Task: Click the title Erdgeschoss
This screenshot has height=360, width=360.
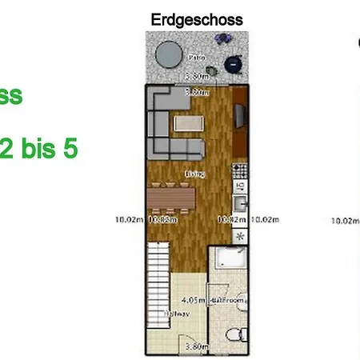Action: pyautogui.click(x=197, y=19)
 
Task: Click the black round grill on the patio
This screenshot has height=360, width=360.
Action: pyautogui.click(x=233, y=63)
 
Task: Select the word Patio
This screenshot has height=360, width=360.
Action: pyautogui.click(x=196, y=58)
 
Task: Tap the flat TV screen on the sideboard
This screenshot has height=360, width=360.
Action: pyautogui.click(x=239, y=117)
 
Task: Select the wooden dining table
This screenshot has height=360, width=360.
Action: pyautogui.click(x=170, y=196)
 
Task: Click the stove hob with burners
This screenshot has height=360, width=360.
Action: pyautogui.click(x=238, y=170)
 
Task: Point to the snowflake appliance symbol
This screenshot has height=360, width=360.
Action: pyautogui.click(x=238, y=237)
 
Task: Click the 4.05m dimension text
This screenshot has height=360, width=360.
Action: pyautogui.click(x=194, y=301)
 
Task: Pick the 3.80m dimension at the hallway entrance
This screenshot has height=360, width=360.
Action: pyautogui.click(x=197, y=346)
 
